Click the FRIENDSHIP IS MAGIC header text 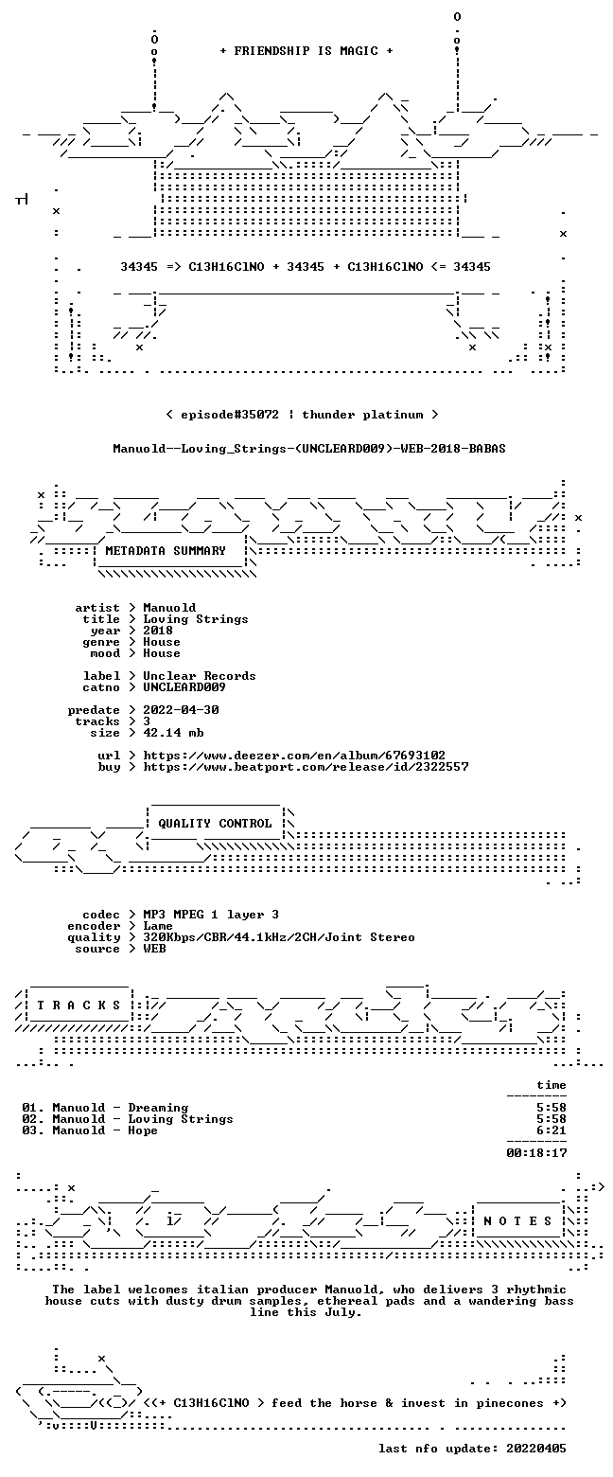(306, 51)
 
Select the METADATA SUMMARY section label (166, 551)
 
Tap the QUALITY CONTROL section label (215, 824)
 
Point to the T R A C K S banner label (79, 1005)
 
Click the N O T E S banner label (518, 1220)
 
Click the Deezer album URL (294, 755)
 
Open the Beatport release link (306, 766)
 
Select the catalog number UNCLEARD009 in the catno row (184, 687)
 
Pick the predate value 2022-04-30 (182, 709)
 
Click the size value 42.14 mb (173, 733)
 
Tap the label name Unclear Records (199, 676)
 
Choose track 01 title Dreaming (158, 1108)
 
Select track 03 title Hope (143, 1130)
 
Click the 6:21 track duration (552, 1130)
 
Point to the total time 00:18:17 (536, 1152)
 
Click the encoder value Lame (158, 926)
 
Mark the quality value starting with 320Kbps (279, 937)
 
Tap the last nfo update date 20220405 (535, 1449)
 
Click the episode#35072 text (230, 415)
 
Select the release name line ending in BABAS (309, 449)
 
